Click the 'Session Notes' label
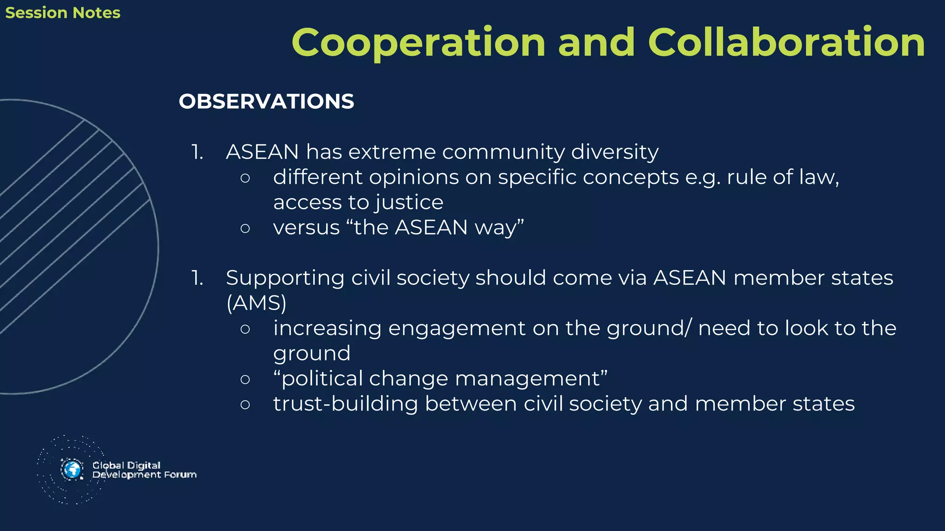tap(63, 13)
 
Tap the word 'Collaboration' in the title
tap(786, 42)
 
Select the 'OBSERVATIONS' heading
tap(266, 101)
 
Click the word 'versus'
tap(306, 228)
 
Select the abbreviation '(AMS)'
tap(257, 303)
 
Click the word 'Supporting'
tap(285, 278)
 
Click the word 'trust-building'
tap(346, 404)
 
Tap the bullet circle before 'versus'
tap(245, 228)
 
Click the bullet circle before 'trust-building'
tap(245, 404)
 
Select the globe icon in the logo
tap(72, 470)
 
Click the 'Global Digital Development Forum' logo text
tap(144, 470)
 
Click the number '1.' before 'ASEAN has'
tap(197, 152)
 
